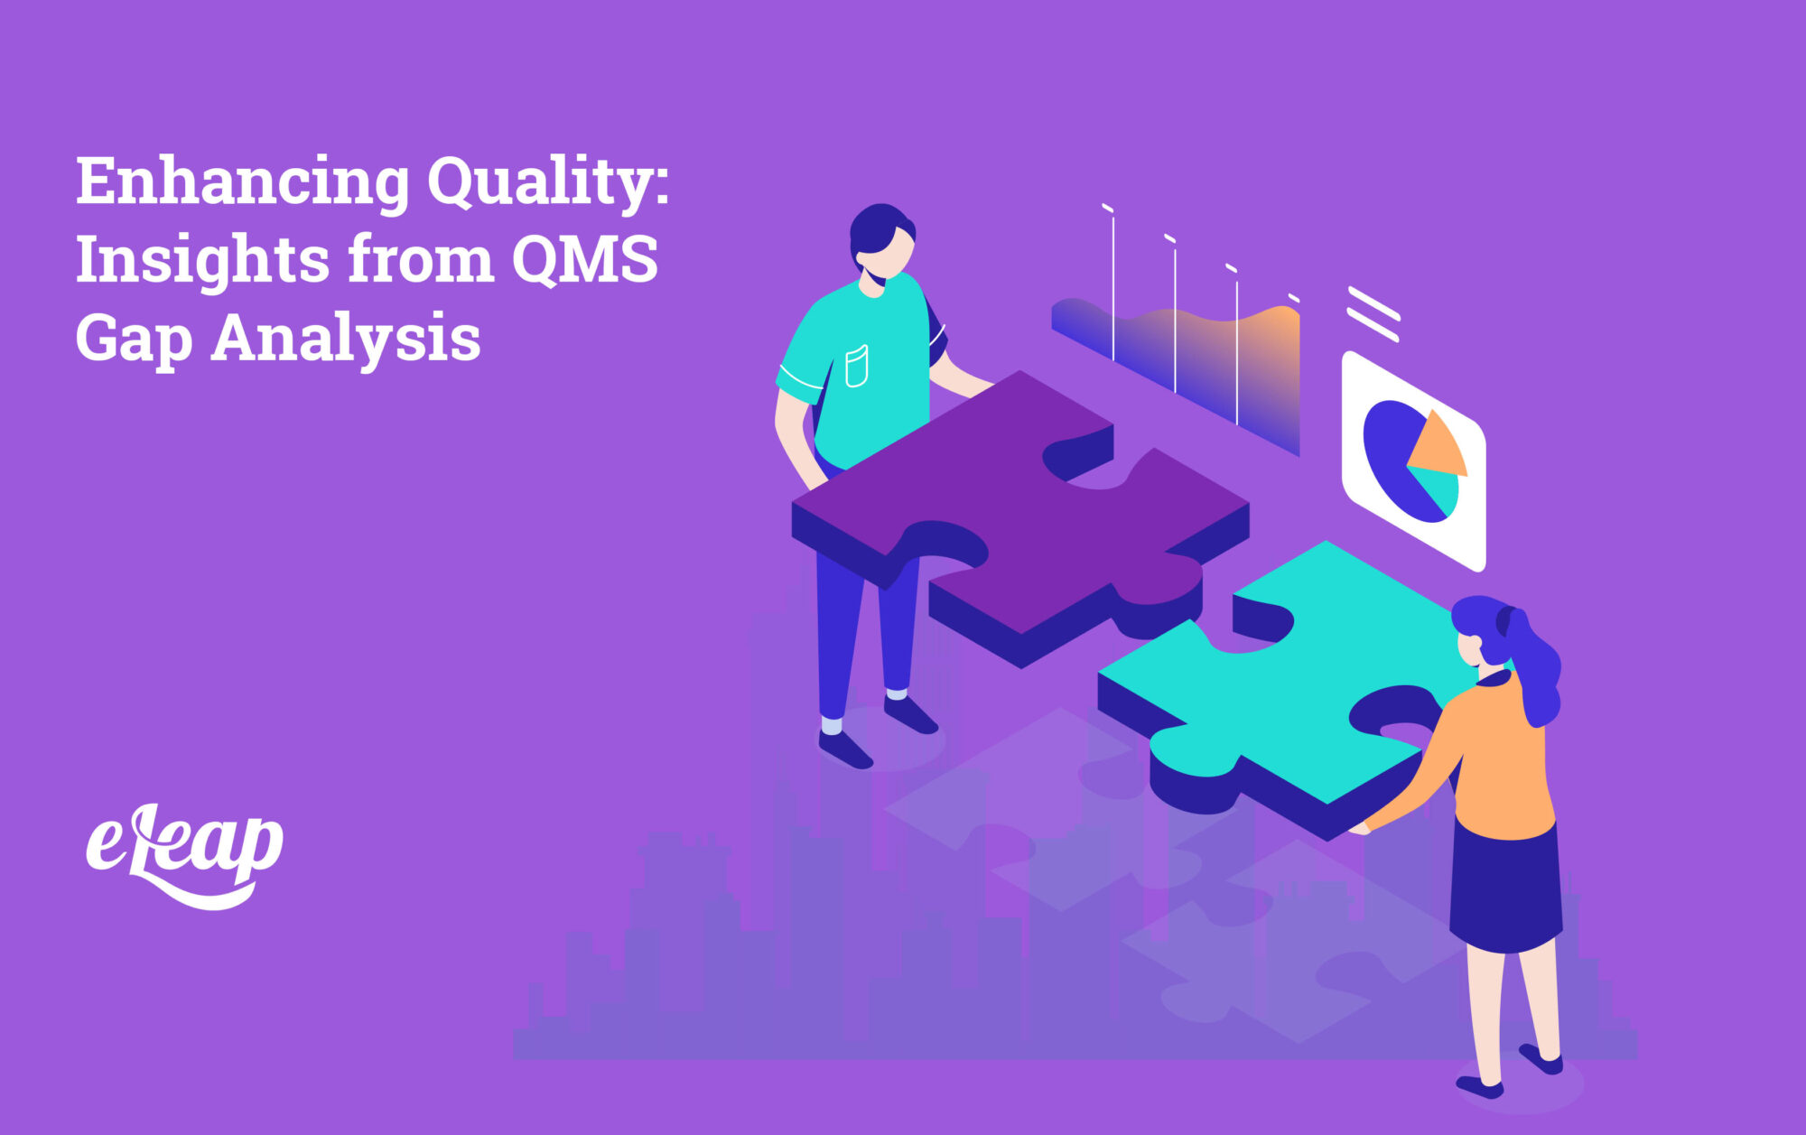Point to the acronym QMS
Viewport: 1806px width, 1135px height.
tap(584, 260)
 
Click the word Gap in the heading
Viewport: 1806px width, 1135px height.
tap(134, 340)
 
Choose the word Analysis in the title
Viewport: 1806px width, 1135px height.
tap(346, 340)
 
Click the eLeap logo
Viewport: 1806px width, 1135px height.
tap(184, 853)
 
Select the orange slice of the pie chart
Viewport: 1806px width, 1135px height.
tap(1439, 446)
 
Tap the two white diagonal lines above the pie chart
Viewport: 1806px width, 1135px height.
tap(1373, 314)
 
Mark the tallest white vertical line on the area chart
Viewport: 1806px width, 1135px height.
tap(1113, 284)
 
